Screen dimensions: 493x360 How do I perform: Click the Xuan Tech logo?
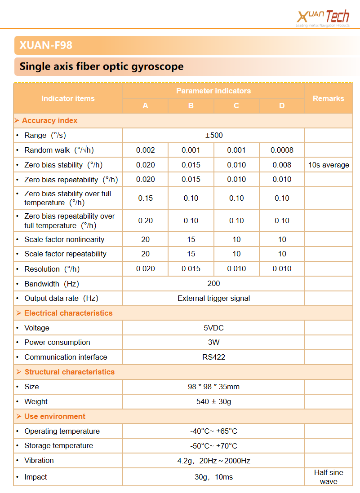[323, 18]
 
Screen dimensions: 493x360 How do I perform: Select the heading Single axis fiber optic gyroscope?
[102, 67]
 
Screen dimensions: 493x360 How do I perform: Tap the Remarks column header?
[328, 98]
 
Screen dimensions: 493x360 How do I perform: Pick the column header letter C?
[236, 106]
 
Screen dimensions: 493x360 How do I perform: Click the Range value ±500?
[213, 135]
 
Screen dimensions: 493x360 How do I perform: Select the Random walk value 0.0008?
[282, 150]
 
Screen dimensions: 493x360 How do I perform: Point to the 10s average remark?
[329, 165]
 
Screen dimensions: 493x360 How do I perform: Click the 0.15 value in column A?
[145, 198]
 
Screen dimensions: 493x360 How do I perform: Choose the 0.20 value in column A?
[145, 220]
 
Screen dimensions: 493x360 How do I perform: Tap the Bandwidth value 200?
[213, 283]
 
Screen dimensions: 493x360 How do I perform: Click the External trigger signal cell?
[213, 298]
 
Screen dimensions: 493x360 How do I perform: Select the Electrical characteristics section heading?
[68, 313]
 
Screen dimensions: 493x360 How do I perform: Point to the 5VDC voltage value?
[213, 328]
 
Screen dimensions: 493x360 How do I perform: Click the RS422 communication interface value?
[213, 357]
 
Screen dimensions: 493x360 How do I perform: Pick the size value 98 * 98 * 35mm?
[213, 387]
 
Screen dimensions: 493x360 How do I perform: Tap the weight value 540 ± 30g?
[213, 401]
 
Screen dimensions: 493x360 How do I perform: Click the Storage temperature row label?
[59, 445]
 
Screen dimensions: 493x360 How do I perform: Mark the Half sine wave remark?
[329, 477]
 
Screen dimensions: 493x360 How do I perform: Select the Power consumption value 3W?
[213, 342]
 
